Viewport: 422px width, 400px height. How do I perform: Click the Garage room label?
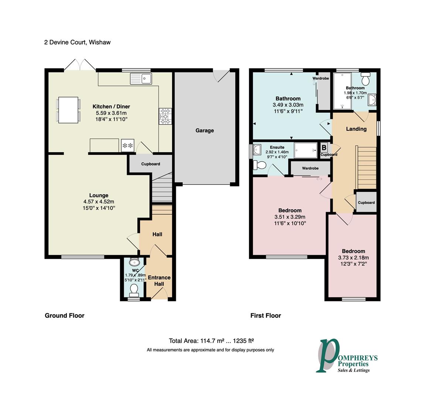(x=204, y=130)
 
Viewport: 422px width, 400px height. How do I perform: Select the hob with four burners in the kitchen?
(x=165, y=116)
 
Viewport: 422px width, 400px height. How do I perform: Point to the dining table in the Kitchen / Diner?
(x=68, y=110)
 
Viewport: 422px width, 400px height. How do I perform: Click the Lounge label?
(x=99, y=196)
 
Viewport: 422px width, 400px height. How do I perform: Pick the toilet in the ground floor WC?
(x=134, y=290)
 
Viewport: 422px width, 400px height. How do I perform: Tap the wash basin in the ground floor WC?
(x=135, y=263)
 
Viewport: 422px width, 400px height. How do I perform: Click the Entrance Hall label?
(x=159, y=280)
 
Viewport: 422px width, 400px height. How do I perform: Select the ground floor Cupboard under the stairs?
(x=150, y=164)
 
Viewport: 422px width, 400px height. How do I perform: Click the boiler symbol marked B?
(x=324, y=147)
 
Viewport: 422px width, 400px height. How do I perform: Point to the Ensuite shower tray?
(x=305, y=150)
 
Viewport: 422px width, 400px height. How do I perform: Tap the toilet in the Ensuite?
(x=259, y=165)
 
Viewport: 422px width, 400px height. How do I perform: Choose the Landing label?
(x=356, y=129)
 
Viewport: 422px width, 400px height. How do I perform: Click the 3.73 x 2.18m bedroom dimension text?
(x=353, y=258)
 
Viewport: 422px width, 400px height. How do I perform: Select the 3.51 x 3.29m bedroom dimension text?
(x=290, y=217)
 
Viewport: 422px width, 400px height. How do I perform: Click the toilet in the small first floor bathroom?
(x=366, y=79)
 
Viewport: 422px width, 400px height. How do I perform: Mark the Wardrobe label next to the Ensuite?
(x=310, y=168)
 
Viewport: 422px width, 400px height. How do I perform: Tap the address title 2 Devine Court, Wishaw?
(x=77, y=42)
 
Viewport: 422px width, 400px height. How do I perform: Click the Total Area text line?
(x=211, y=341)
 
